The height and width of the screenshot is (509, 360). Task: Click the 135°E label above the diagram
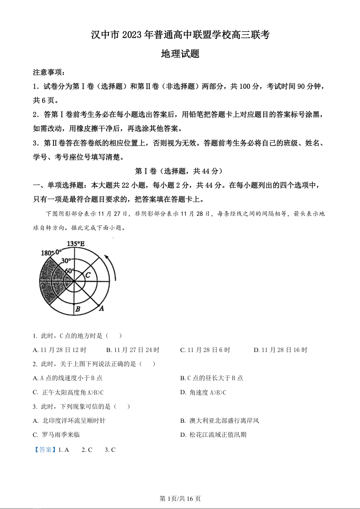(x=76, y=244)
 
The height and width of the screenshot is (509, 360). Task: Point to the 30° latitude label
(x=66, y=261)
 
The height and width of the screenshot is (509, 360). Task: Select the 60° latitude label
(x=69, y=271)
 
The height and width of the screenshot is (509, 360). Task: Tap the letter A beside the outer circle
(x=102, y=308)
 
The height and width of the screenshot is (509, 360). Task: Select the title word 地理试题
(x=180, y=54)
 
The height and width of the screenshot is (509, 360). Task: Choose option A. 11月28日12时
(x=59, y=350)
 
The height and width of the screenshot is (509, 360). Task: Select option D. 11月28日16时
(x=280, y=350)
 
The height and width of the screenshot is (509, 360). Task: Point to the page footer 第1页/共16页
(x=180, y=499)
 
